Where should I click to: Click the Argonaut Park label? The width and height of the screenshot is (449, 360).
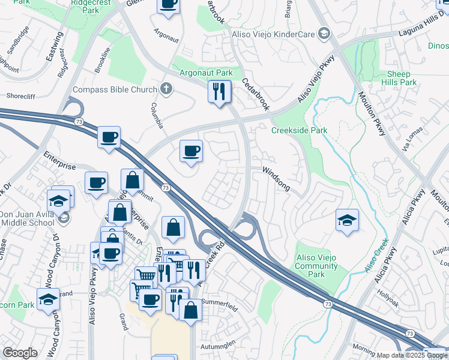coord(206,73)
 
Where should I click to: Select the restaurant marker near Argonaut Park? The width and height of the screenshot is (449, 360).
coord(219,92)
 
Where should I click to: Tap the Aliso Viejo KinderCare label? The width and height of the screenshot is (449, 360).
coord(273,34)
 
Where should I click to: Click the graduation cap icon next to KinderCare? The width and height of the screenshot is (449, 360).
coord(324,34)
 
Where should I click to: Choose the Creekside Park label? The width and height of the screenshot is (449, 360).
coord(299,130)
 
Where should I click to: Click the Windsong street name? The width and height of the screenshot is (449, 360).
coord(276,179)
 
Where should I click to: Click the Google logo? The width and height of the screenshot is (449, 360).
coord(20,353)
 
